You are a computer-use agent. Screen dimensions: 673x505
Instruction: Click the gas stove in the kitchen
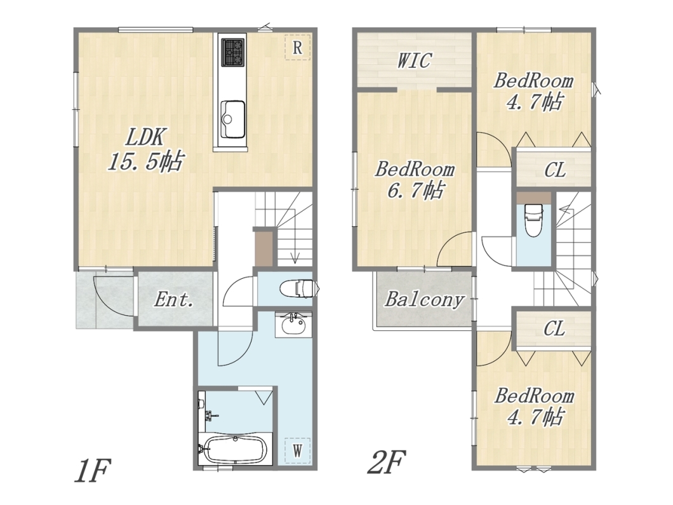point(233,52)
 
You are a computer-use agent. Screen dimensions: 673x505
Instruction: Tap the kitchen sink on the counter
point(233,119)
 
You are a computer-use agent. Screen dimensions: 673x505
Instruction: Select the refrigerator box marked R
point(297,47)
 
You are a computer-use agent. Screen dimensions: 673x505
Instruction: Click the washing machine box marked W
point(297,450)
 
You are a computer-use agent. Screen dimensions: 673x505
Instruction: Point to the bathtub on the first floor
point(235,450)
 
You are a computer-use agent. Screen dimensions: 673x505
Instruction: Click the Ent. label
point(174,300)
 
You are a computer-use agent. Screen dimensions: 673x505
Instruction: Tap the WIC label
point(414,60)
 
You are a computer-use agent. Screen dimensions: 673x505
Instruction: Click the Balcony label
point(424,300)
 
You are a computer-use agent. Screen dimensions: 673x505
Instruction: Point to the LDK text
point(144,137)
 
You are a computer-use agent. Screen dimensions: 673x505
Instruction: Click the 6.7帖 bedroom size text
point(415,190)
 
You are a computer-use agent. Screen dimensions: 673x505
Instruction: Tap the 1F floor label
point(92,471)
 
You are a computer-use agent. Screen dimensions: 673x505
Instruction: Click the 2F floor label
point(387,461)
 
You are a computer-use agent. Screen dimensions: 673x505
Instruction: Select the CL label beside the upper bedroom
point(554,170)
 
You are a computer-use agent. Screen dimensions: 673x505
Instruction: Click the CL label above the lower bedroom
point(554,330)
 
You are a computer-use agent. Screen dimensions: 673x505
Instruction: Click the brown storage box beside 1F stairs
point(263,249)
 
